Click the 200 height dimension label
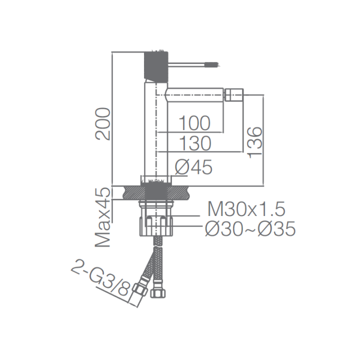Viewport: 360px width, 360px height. click(x=103, y=124)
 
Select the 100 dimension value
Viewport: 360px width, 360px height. click(x=194, y=123)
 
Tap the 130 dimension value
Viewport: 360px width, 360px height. click(x=194, y=143)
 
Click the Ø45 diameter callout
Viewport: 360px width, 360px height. click(x=193, y=167)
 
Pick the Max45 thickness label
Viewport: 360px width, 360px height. click(x=103, y=217)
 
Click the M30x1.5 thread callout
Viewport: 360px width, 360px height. click(x=246, y=208)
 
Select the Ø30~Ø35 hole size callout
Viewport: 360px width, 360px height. click(x=250, y=229)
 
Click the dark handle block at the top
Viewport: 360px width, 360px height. click(x=156, y=65)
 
